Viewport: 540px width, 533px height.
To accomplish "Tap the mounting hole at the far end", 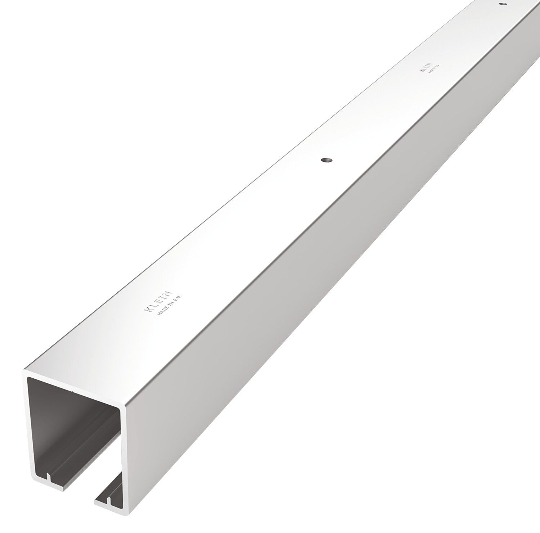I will (x=503, y=4).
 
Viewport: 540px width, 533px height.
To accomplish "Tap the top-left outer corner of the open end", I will (x=24, y=369).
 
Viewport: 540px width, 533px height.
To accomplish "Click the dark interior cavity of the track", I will (x=72, y=424).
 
